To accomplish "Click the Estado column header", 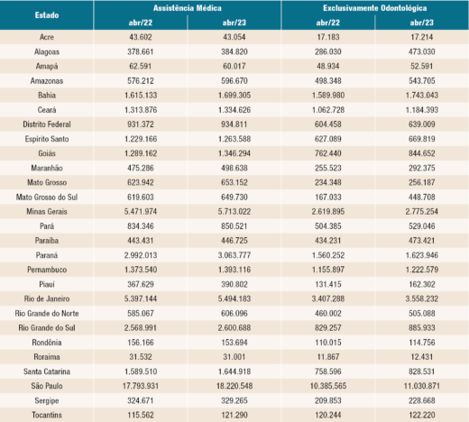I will coord(47,15).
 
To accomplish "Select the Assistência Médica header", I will coord(187,7).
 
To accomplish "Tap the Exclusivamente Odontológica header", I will coord(372,7).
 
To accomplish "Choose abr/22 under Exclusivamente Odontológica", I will coord(326,23).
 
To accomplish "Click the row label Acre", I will coord(47,39).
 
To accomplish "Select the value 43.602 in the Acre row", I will coord(141,39).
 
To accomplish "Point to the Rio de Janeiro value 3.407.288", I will coord(326,298).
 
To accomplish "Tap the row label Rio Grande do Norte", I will coord(47,313).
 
